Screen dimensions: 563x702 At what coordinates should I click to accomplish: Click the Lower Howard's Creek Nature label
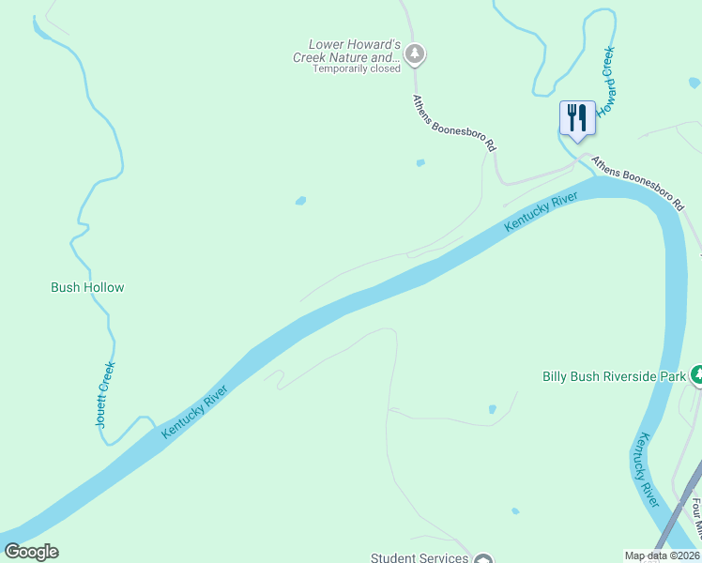click(x=356, y=51)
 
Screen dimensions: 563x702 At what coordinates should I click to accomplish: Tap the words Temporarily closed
click(x=357, y=68)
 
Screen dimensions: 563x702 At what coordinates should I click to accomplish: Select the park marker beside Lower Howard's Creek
click(x=416, y=54)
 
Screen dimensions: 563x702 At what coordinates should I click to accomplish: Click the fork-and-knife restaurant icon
click(x=577, y=118)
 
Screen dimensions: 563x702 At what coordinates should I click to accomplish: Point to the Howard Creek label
click(x=609, y=81)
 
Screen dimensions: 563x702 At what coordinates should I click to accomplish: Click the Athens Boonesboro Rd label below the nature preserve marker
click(x=453, y=123)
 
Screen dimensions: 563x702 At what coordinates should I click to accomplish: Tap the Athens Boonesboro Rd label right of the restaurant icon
click(x=646, y=180)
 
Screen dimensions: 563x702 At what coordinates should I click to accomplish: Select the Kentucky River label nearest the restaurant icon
click(x=540, y=213)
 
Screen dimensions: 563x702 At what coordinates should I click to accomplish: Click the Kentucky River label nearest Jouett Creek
click(x=195, y=410)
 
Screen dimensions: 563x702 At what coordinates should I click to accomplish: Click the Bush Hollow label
click(x=87, y=288)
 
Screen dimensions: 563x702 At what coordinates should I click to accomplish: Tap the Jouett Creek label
click(x=105, y=395)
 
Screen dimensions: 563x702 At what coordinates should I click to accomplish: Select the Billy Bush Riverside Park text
click(x=615, y=377)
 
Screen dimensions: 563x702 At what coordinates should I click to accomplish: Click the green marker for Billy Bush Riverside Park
click(x=696, y=375)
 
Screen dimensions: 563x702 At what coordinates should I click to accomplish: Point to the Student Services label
click(x=420, y=557)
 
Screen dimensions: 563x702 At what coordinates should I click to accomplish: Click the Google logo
click(x=31, y=552)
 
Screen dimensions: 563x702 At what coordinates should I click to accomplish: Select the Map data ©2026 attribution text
click(x=662, y=555)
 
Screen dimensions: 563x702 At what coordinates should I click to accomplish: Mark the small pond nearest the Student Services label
click(x=514, y=511)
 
